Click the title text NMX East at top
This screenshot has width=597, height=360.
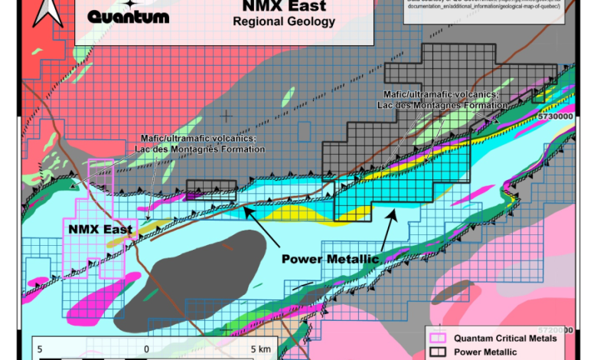tap(283, 7)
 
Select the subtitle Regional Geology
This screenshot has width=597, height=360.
tap(283, 22)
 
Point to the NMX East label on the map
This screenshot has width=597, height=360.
tap(99, 228)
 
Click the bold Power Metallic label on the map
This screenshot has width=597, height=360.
tap(330, 259)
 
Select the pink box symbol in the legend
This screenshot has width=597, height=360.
tap(438, 338)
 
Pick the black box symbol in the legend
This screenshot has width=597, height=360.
tap(438, 352)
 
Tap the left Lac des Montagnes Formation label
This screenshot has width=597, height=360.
tap(201, 143)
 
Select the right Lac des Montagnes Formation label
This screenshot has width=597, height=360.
tap(442, 99)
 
